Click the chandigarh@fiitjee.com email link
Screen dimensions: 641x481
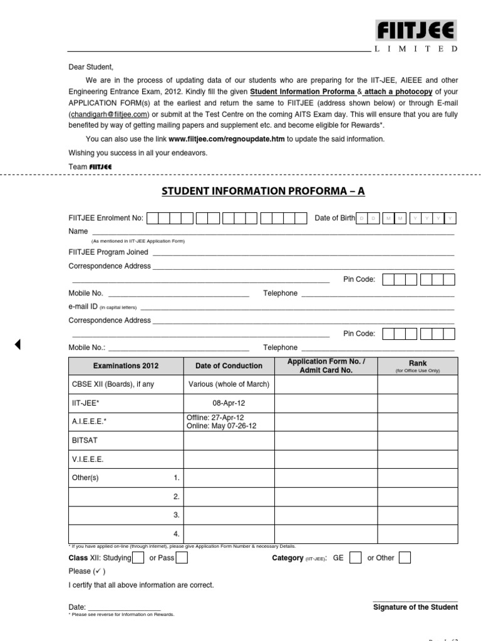click(x=108, y=115)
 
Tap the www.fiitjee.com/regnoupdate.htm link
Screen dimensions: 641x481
click(x=227, y=139)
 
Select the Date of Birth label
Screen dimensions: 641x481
click(x=334, y=218)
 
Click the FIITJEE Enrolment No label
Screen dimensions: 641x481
click(x=106, y=218)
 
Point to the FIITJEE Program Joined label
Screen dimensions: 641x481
click(x=108, y=252)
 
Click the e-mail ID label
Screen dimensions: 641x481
click(x=83, y=307)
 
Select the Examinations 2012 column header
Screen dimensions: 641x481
click(x=126, y=366)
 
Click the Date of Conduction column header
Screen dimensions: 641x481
click(x=229, y=366)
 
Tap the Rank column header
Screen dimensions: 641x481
click(x=417, y=363)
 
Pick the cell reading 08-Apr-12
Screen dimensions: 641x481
click(x=229, y=403)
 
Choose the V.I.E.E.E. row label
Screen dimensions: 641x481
click(x=88, y=459)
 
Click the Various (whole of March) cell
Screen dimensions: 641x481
click(x=229, y=384)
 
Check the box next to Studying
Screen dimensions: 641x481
click(x=138, y=558)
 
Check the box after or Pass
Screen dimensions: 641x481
click(x=182, y=558)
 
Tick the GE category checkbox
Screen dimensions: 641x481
click(x=355, y=558)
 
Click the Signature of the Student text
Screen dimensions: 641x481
click(x=415, y=607)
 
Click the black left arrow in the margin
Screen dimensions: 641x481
click(x=18, y=344)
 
